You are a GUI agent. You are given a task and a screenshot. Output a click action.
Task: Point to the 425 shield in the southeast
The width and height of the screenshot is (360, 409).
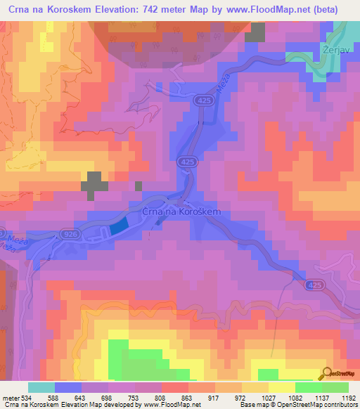click(x=314, y=286)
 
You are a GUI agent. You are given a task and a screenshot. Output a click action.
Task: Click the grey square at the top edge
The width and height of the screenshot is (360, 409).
click(x=256, y=32)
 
